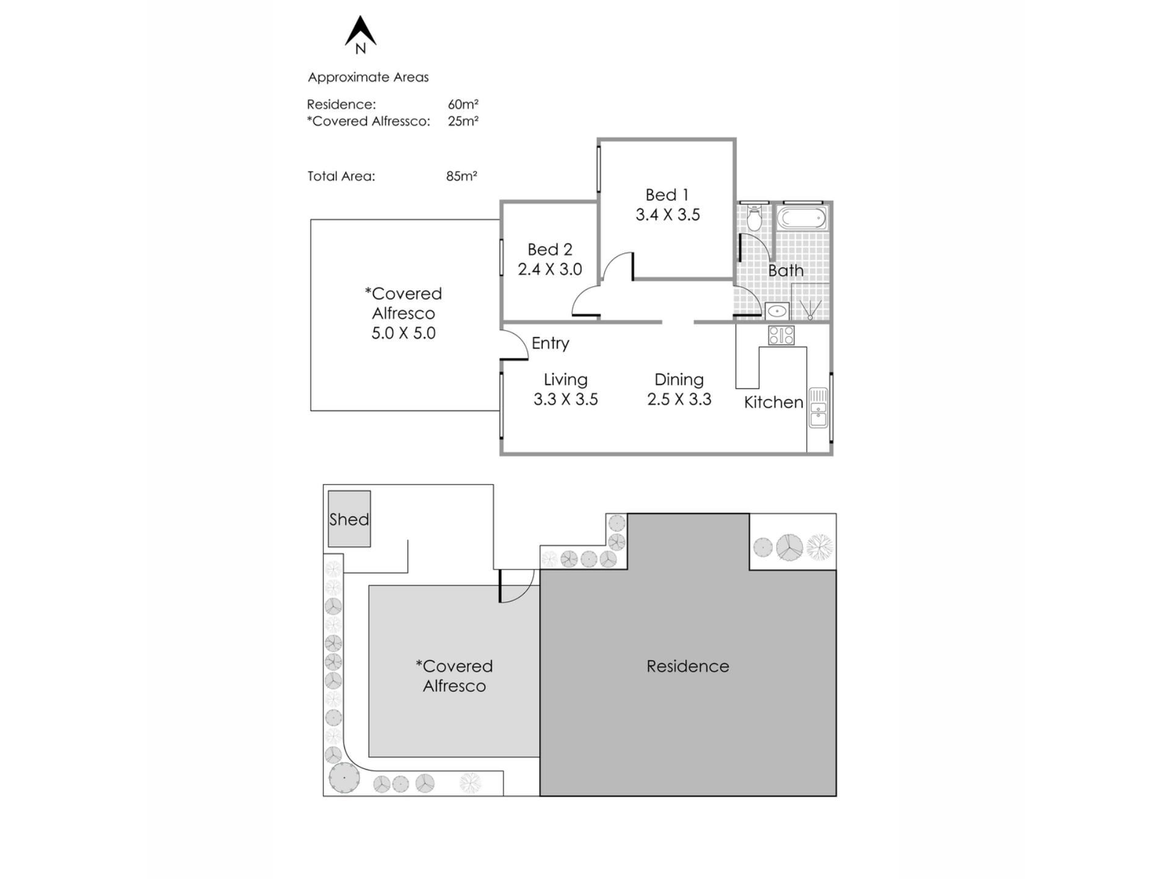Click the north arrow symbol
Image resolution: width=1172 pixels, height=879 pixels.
point(360,32)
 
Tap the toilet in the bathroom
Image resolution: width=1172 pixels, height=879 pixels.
point(755,217)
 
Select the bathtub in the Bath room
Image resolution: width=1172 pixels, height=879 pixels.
point(801,218)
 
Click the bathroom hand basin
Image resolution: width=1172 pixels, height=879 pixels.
point(776,311)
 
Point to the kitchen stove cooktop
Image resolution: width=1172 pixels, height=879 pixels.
point(781,335)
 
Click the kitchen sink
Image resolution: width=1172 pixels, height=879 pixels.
point(818,407)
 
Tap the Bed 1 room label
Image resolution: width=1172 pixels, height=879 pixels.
point(667,195)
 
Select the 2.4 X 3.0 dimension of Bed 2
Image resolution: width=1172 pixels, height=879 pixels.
point(549,269)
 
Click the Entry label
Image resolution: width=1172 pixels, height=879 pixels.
point(550,343)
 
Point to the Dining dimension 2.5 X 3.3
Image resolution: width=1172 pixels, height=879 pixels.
point(679,399)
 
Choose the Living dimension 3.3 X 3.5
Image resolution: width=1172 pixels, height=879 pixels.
point(565,399)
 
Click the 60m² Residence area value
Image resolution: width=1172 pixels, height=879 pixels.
point(463,104)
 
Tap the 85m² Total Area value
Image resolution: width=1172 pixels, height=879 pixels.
point(461,176)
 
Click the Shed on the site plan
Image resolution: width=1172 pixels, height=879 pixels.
point(349,519)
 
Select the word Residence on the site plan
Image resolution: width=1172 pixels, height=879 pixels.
point(687,666)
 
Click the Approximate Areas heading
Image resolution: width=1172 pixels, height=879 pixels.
point(368,77)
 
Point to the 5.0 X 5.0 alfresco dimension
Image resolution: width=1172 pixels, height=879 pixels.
point(403,333)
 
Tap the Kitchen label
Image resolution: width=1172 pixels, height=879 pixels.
point(773,402)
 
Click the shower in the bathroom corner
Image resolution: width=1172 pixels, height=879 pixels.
point(810,302)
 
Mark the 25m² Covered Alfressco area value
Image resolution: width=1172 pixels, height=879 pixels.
point(463,121)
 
